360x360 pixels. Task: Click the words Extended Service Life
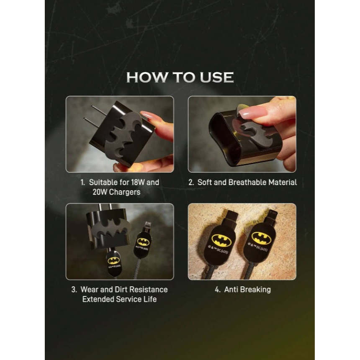point(119,299)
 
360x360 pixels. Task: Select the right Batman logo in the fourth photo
point(261,238)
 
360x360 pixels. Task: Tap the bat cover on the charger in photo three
point(107,231)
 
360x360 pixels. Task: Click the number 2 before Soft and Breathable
point(190,183)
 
